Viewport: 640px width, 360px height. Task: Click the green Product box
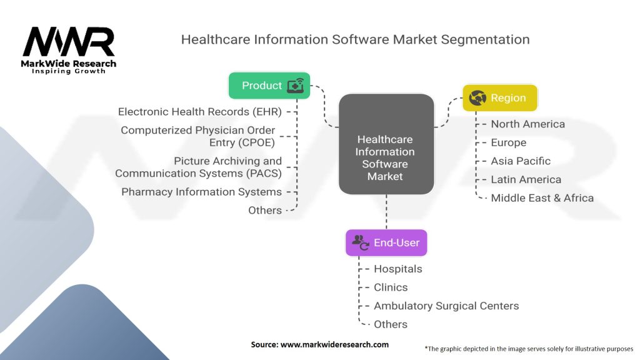(x=269, y=85)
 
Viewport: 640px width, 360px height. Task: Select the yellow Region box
(x=499, y=98)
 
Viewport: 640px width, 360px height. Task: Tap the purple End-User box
(x=386, y=243)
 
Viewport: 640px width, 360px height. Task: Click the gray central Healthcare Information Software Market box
(x=386, y=144)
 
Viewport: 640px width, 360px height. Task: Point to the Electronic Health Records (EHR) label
(x=199, y=112)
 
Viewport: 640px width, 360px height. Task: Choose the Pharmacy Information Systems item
(x=201, y=192)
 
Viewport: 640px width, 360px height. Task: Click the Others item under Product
(x=265, y=210)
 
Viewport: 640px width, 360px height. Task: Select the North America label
(x=527, y=124)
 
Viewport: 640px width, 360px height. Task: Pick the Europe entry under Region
(x=508, y=143)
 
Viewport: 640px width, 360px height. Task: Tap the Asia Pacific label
(x=521, y=161)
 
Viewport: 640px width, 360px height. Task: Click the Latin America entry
(x=526, y=179)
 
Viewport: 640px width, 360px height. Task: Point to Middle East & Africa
(x=542, y=198)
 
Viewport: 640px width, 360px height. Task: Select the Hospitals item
(x=398, y=269)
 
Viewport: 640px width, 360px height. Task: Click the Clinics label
(x=391, y=287)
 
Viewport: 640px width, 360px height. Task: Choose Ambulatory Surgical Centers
(x=446, y=306)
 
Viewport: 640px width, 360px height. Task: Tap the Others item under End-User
(x=391, y=324)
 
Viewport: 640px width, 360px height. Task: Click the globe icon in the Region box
(x=477, y=98)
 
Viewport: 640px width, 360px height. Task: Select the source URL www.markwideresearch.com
(x=334, y=344)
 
